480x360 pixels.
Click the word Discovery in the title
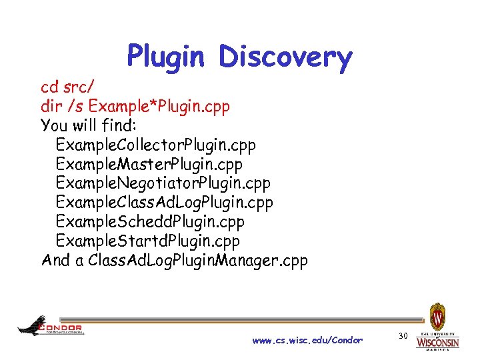click(x=285, y=57)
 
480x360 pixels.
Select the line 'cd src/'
click(x=67, y=87)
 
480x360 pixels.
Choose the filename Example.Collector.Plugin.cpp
click(x=156, y=145)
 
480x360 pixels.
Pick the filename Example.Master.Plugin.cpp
click(x=149, y=164)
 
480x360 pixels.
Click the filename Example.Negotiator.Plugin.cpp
click(x=163, y=183)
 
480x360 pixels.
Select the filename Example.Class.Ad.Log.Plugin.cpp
click(x=165, y=203)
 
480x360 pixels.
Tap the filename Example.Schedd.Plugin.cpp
click(x=151, y=221)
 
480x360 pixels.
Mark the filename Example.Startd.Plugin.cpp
click(x=148, y=241)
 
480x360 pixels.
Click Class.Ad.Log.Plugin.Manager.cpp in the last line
click(x=198, y=260)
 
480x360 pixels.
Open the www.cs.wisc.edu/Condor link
click(x=307, y=341)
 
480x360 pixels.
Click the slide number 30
click(x=402, y=335)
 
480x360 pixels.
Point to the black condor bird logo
click(x=32, y=325)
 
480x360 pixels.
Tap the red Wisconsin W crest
click(x=437, y=316)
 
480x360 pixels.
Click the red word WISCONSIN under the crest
click(x=437, y=343)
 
